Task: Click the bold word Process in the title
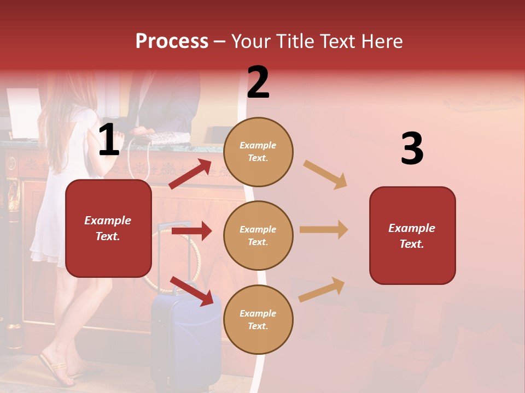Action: click(x=172, y=41)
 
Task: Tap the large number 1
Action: click(x=109, y=140)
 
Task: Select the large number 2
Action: click(x=258, y=82)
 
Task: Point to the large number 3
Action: click(x=412, y=149)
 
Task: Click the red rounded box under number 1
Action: click(x=108, y=228)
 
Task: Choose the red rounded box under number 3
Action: click(x=412, y=235)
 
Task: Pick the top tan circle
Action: click(x=258, y=151)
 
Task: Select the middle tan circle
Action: click(x=258, y=235)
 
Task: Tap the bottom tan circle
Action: click(x=258, y=319)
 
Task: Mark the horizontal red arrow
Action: click(x=191, y=231)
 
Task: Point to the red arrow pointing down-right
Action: click(x=191, y=291)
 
